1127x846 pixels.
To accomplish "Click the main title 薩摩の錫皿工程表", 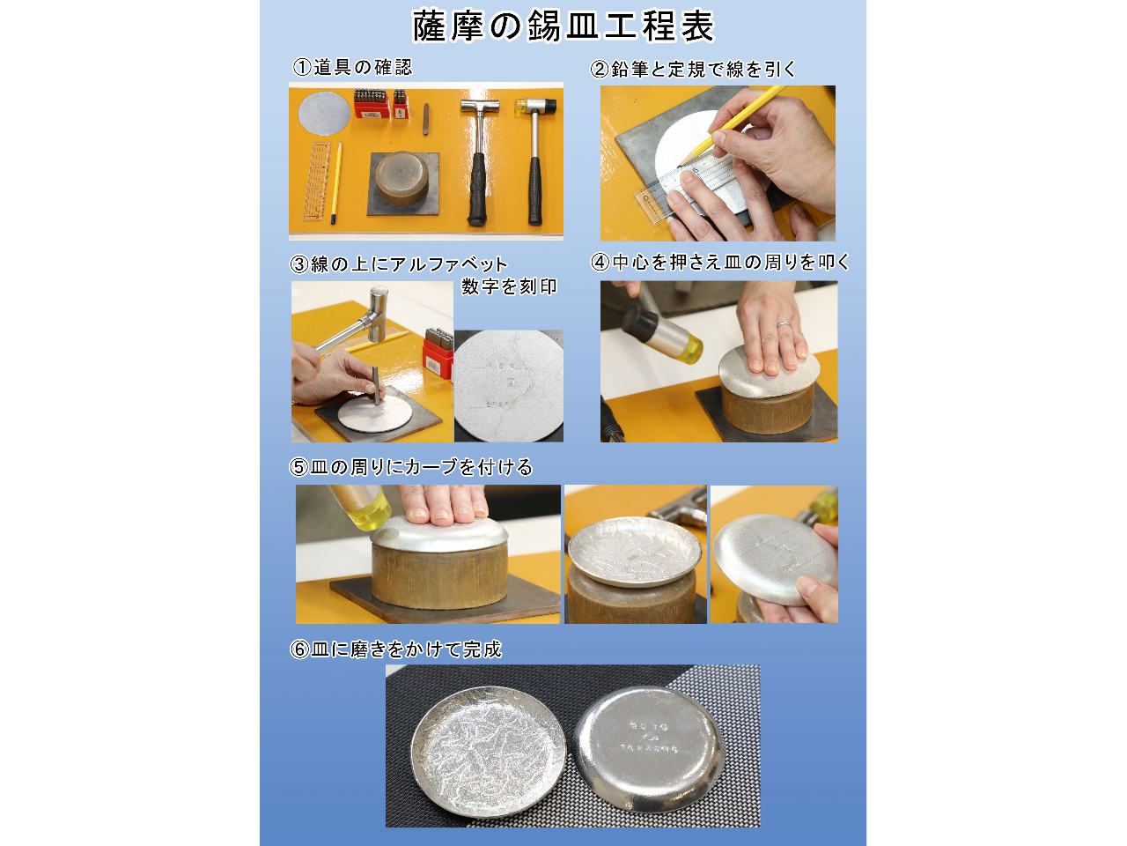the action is point(563,26).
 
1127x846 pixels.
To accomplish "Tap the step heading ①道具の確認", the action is point(352,67).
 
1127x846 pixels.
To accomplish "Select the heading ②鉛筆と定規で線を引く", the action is point(693,69).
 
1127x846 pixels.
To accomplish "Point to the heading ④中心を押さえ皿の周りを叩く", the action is point(720,262).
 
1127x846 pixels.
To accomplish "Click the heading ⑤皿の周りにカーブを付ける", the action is point(411,467).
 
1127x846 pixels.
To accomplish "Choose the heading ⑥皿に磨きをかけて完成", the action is point(396,649).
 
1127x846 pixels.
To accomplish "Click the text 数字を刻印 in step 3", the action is point(509,286).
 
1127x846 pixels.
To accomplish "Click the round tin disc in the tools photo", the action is point(324,114).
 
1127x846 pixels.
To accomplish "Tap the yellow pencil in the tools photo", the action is point(336,183).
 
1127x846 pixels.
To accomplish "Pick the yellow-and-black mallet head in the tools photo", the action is point(535,107).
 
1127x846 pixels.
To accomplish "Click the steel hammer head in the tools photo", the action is point(480,107).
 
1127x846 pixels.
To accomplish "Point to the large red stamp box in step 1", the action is point(371,104).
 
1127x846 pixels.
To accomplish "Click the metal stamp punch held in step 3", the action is point(376,385).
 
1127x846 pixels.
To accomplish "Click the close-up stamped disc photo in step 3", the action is point(509,385).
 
